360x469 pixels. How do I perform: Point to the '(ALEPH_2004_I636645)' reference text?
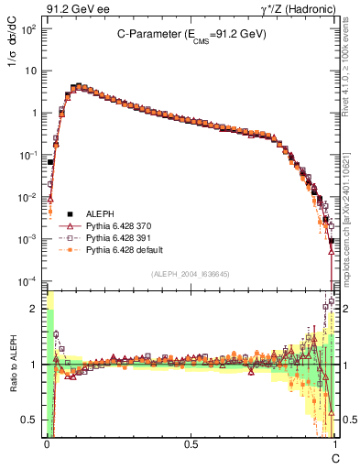191,274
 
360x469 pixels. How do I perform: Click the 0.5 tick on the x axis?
191,442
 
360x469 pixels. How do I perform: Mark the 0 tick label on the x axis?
47,442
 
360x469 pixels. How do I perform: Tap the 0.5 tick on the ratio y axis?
33,420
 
